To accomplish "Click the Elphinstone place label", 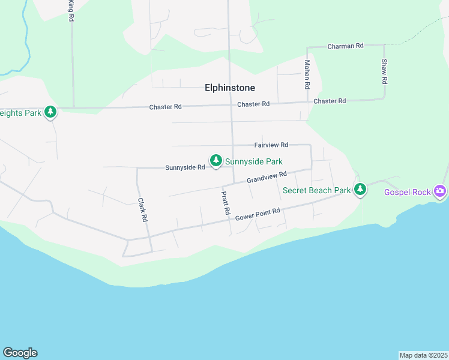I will point(230,88).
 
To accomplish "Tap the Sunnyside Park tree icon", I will point(216,160).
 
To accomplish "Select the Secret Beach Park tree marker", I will point(360,190).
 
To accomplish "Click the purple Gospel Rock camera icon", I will point(441,191).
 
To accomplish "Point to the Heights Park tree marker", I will point(50,111).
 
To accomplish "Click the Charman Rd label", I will point(346,46).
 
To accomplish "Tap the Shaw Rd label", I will point(384,71).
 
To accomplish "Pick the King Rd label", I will point(71,11).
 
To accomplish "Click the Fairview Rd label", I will point(271,145).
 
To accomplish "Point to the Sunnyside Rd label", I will point(185,167).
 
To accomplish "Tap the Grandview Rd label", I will point(267,177).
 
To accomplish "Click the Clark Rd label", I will point(142,211).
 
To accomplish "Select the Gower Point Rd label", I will point(258,214).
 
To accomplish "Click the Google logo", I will point(20,353).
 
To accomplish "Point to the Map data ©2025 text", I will point(423,355).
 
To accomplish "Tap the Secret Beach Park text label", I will point(316,191).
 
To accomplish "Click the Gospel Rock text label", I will point(408,192).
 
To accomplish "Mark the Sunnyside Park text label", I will point(254,161).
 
